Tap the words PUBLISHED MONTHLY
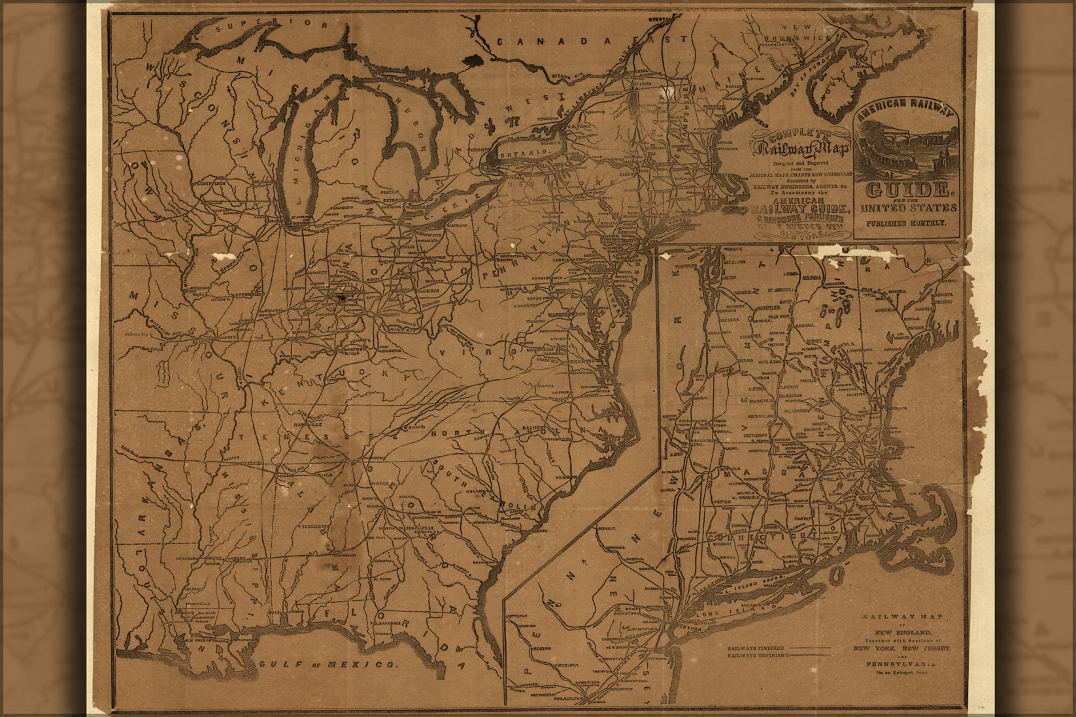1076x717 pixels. coord(906,223)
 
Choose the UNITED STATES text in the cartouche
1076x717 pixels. coord(906,208)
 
